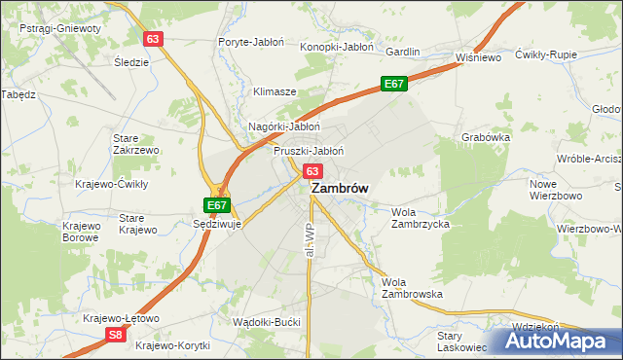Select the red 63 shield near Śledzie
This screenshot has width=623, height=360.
(x=152, y=39)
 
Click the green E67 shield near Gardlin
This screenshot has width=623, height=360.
(x=393, y=85)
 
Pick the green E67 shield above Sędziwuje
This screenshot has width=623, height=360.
(x=217, y=205)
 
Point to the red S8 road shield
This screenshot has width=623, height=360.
(x=116, y=335)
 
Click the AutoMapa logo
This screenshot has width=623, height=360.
(x=557, y=342)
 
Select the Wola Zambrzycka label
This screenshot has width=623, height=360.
(x=420, y=217)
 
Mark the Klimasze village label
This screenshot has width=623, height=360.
(x=275, y=91)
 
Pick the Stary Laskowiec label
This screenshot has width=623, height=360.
(x=461, y=340)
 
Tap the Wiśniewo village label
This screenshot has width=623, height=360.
(x=478, y=58)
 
